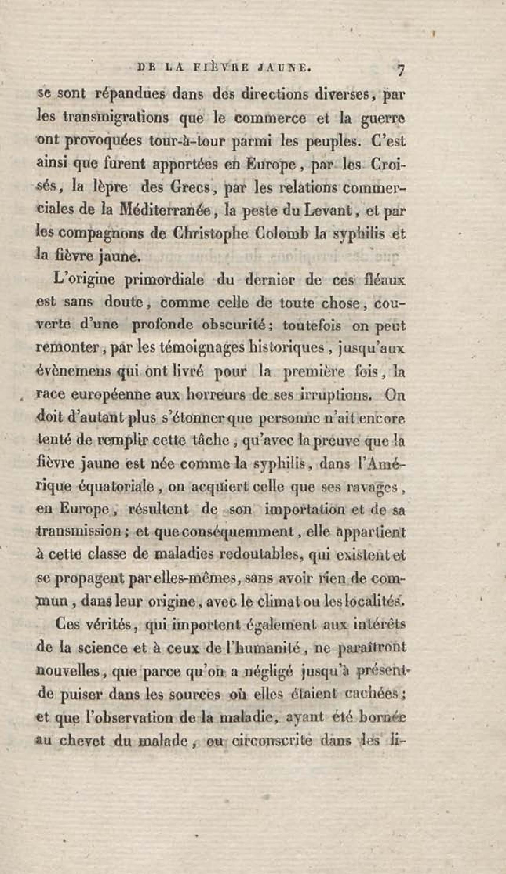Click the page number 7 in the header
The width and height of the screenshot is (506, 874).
point(400,70)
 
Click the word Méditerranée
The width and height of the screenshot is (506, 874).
point(164,211)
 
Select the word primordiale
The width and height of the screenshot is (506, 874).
point(164,280)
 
